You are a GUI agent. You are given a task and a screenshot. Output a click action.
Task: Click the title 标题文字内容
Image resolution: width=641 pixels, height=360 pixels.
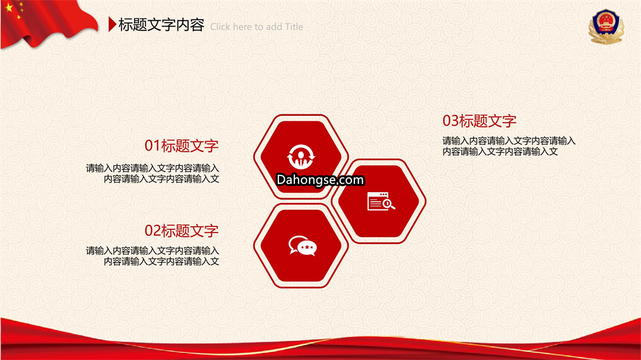click(x=161, y=25)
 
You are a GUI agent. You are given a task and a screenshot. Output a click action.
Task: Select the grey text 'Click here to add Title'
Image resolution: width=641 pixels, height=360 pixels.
click(x=257, y=27)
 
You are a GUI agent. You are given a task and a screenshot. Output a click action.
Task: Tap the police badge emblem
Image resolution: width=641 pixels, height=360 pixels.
click(x=606, y=27)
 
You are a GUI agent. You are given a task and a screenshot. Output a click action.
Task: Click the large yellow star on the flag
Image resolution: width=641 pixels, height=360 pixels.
click(x=9, y=7)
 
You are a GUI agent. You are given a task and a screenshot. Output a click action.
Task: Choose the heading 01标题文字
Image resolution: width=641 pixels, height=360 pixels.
click(x=182, y=146)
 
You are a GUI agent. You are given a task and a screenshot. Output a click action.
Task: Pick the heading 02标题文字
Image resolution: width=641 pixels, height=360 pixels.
click(x=182, y=231)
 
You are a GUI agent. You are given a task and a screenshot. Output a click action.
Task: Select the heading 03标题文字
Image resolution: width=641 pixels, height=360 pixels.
click(x=480, y=121)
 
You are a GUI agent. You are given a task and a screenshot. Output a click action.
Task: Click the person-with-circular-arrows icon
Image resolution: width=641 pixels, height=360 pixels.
click(x=301, y=157)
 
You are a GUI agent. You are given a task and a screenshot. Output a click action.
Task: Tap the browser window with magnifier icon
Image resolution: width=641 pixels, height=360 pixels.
click(x=381, y=201)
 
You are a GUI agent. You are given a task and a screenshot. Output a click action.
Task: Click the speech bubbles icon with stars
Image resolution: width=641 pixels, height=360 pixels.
click(x=303, y=246)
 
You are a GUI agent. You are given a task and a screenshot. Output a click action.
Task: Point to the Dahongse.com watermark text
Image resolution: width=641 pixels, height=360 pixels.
click(x=320, y=180)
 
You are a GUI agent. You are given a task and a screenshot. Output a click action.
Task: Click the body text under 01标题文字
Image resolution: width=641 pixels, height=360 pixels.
click(x=153, y=173)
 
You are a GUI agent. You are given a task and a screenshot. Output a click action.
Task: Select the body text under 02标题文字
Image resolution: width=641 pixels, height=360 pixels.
click(x=153, y=256)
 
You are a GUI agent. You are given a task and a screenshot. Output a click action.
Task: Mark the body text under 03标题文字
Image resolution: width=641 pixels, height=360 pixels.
click(x=509, y=146)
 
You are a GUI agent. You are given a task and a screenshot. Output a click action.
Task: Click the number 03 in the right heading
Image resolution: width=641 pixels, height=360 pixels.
click(x=450, y=121)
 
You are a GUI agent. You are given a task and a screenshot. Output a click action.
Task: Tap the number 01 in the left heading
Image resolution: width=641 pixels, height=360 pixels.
click(x=153, y=146)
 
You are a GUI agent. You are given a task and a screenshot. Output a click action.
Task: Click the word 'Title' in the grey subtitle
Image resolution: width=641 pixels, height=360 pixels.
click(x=294, y=27)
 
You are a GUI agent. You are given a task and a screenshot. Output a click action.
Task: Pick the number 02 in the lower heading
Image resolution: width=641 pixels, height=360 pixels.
click(x=153, y=231)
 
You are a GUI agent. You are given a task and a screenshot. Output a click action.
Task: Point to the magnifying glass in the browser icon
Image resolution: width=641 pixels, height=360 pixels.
click(x=388, y=204)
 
